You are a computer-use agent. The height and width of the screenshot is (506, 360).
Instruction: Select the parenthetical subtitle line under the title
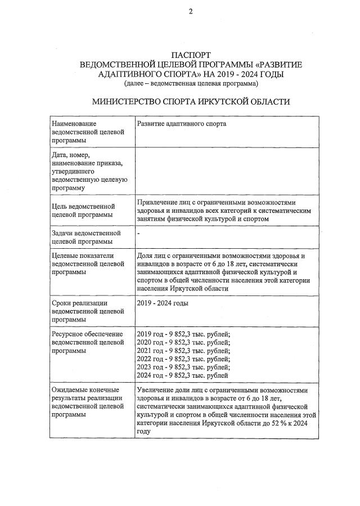pos(191,83)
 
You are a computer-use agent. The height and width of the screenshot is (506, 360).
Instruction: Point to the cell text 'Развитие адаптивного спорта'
pos(181,124)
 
